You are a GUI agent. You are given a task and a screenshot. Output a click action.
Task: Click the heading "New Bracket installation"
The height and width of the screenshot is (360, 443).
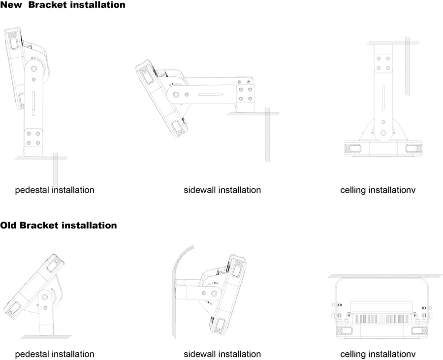63,5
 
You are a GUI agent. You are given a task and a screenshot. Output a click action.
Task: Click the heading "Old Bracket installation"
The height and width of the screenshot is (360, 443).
59,226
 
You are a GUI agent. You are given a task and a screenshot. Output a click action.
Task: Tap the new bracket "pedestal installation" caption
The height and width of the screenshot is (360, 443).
55,190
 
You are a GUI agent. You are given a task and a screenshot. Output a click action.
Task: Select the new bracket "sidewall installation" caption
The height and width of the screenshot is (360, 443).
222,190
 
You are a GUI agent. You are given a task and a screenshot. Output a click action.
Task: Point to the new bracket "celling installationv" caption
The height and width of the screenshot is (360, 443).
378,190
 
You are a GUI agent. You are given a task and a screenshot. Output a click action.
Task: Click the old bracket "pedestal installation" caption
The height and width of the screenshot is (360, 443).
55,354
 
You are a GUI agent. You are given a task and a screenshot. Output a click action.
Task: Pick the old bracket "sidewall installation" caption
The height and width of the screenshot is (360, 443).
222,354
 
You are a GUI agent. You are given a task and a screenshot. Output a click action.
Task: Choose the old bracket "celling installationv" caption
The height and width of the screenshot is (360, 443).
378,354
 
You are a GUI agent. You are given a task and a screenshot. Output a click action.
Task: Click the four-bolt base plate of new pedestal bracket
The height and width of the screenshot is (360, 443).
33,138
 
